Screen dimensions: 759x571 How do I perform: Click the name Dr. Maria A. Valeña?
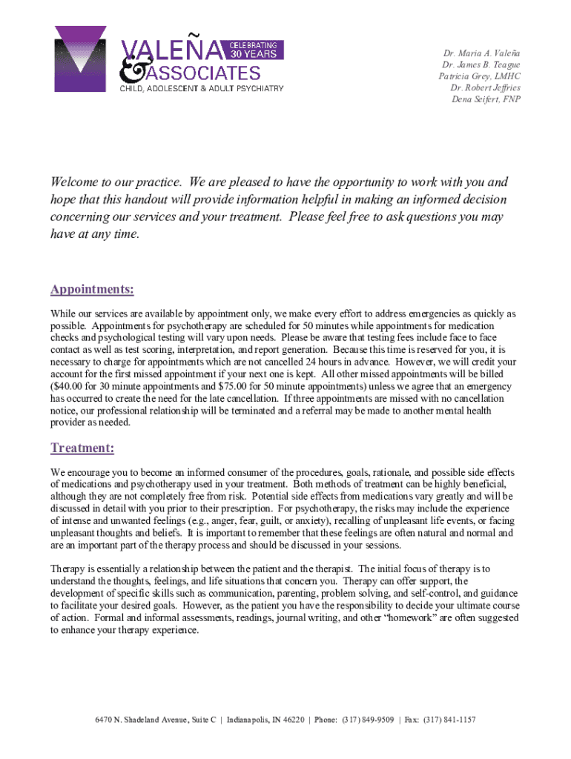click(x=481, y=54)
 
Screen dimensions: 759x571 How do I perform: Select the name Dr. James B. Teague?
click(x=481, y=65)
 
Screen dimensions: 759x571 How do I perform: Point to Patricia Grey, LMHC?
click(x=479, y=76)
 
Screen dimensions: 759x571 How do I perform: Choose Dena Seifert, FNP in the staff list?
click(x=486, y=99)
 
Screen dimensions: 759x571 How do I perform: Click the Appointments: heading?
click(x=92, y=289)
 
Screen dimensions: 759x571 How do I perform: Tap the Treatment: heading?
click(x=82, y=448)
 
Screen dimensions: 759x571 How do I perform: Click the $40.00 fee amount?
click(x=68, y=386)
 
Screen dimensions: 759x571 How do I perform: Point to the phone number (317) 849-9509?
click(x=369, y=719)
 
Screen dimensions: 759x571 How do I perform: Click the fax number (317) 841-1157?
click(x=450, y=719)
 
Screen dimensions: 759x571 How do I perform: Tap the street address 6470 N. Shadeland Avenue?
click(x=141, y=719)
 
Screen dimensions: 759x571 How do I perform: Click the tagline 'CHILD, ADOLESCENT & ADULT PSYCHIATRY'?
click(x=202, y=89)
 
